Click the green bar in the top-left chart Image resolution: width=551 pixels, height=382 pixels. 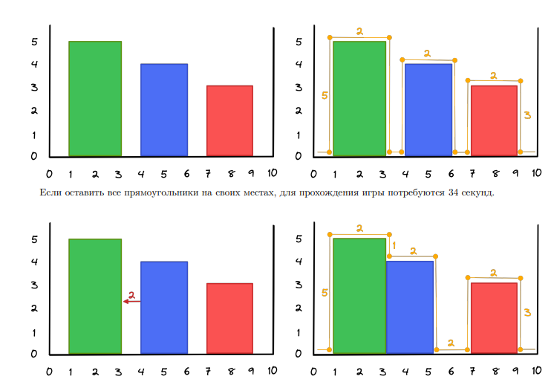coord(95,99)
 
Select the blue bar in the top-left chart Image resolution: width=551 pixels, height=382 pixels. coord(164,110)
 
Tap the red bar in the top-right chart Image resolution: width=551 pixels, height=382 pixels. coord(494,120)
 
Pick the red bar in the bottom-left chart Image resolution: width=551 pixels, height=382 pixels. coord(229,318)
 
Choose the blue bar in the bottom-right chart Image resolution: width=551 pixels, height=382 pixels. coord(410,306)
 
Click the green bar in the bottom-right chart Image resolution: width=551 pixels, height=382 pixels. coord(359,295)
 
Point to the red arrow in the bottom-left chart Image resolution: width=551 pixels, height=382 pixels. coord(131,301)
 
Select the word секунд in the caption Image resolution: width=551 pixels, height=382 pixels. coord(475,193)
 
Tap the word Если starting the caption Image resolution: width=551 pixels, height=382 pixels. coord(48,193)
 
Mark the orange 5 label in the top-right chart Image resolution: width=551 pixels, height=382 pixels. coord(325,96)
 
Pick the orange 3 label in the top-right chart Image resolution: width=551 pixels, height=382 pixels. coord(526,115)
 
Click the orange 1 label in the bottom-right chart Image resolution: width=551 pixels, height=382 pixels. coord(394,245)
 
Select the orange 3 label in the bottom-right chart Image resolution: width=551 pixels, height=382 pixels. coord(526,313)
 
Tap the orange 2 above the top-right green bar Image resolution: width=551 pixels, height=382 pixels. coord(359,31)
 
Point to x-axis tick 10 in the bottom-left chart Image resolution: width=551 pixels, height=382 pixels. coord(273,370)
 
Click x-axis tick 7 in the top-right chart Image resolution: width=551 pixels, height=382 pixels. coord(473,173)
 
